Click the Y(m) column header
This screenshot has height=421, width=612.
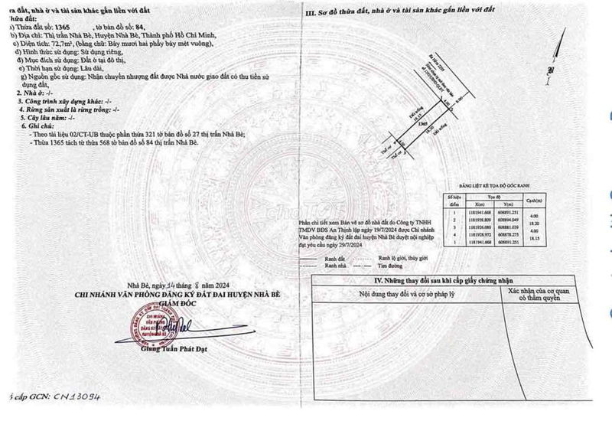(506, 204)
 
